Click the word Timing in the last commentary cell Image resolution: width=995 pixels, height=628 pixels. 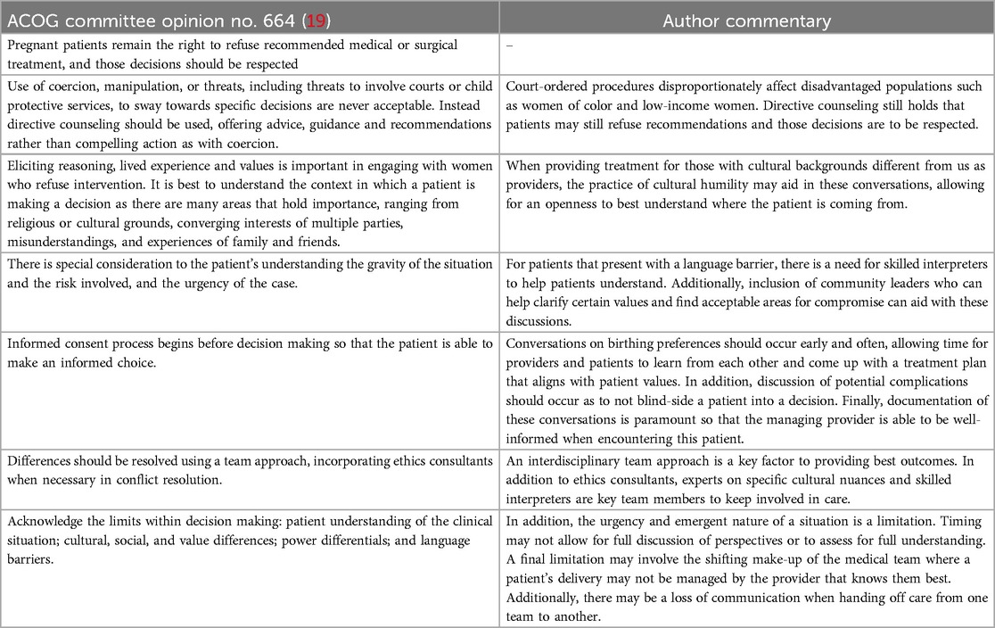click(972, 519)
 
